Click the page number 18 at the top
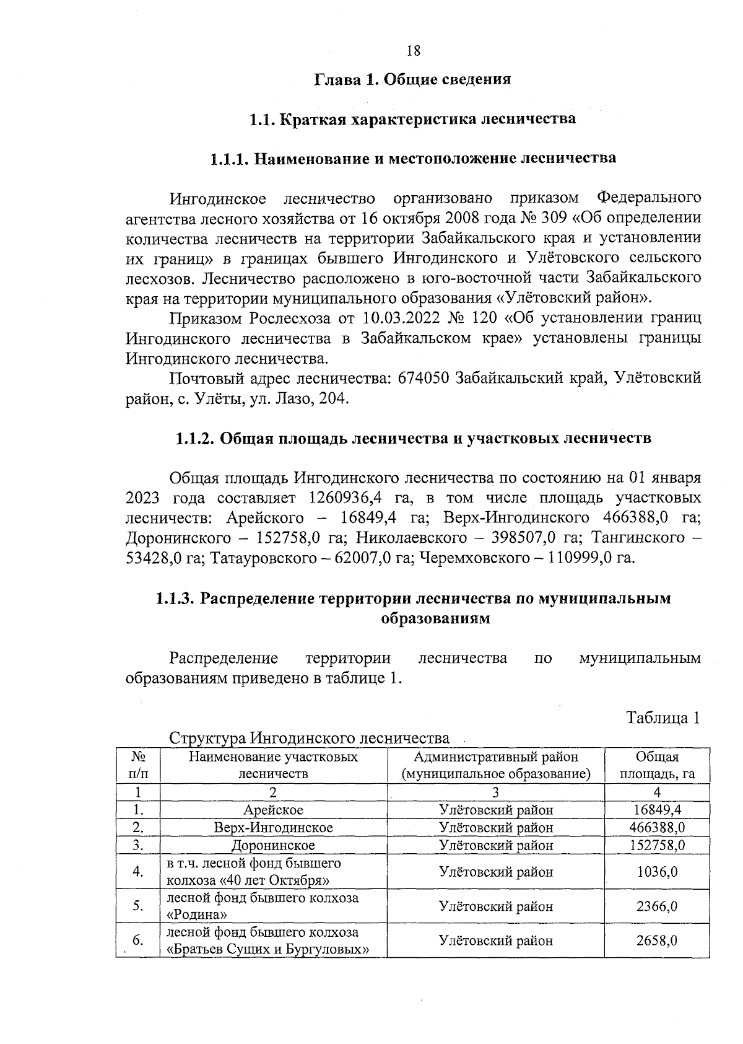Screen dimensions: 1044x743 pos(414,51)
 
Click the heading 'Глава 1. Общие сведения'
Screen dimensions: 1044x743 pos(413,79)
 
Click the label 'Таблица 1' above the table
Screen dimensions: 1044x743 pos(663,718)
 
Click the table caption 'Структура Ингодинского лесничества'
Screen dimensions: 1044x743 pos(309,739)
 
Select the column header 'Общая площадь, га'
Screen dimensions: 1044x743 pos(657,765)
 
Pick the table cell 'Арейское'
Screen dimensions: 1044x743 pos(273,810)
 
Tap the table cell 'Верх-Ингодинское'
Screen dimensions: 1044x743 pos(273,827)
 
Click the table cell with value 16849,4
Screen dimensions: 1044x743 pos(657,810)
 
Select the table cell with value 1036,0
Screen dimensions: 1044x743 pos(657,872)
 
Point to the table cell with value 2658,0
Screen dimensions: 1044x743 pos(657,941)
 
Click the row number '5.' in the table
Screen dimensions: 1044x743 pos(138,906)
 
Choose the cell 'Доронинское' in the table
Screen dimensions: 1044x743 pos(273,845)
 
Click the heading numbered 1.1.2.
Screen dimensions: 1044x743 pos(413,438)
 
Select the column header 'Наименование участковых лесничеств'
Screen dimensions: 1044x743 pos(273,765)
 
